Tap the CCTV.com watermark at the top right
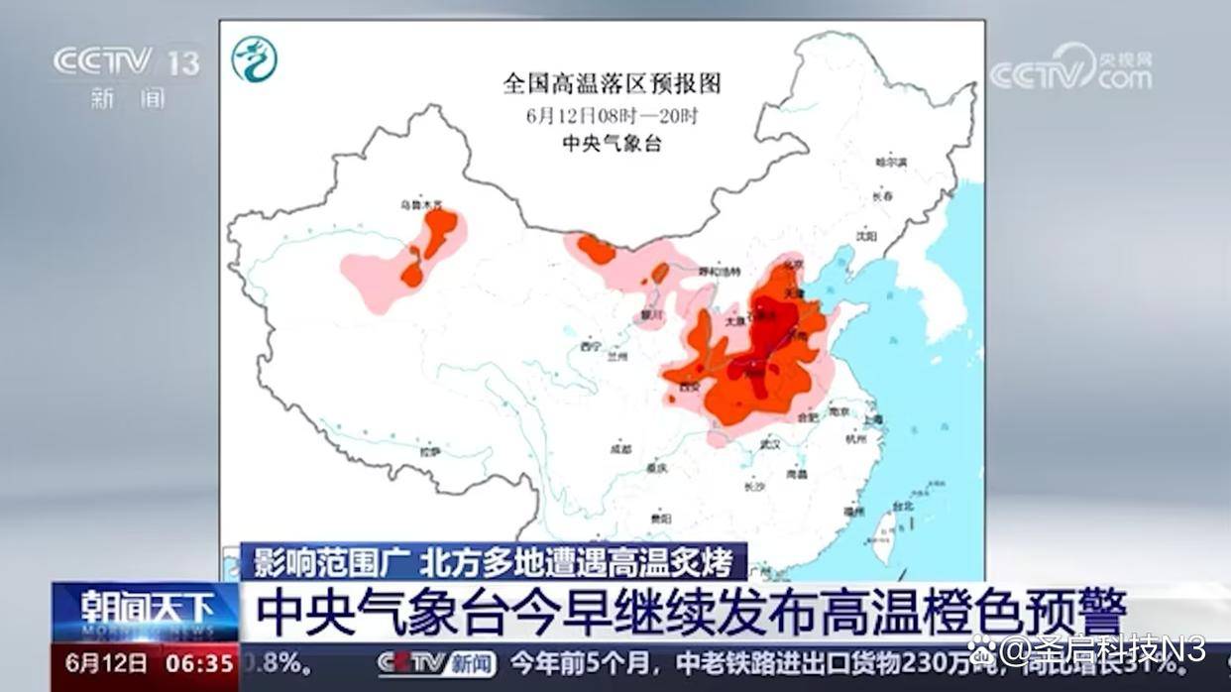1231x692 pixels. tap(1070, 69)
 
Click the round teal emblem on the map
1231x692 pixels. tap(254, 59)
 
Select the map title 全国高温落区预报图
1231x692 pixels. tap(612, 83)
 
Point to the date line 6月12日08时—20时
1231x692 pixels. tap(612, 115)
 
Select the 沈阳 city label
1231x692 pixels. tap(866, 236)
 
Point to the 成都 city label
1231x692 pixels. tap(621, 448)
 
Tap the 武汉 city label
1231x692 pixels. tap(770, 445)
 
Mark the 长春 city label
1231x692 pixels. tap(882, 196)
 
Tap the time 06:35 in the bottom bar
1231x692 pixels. tap(203, 661)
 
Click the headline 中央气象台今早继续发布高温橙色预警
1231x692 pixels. tap(691, 612)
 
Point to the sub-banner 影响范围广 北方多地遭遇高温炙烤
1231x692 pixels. tap(493, 562)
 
